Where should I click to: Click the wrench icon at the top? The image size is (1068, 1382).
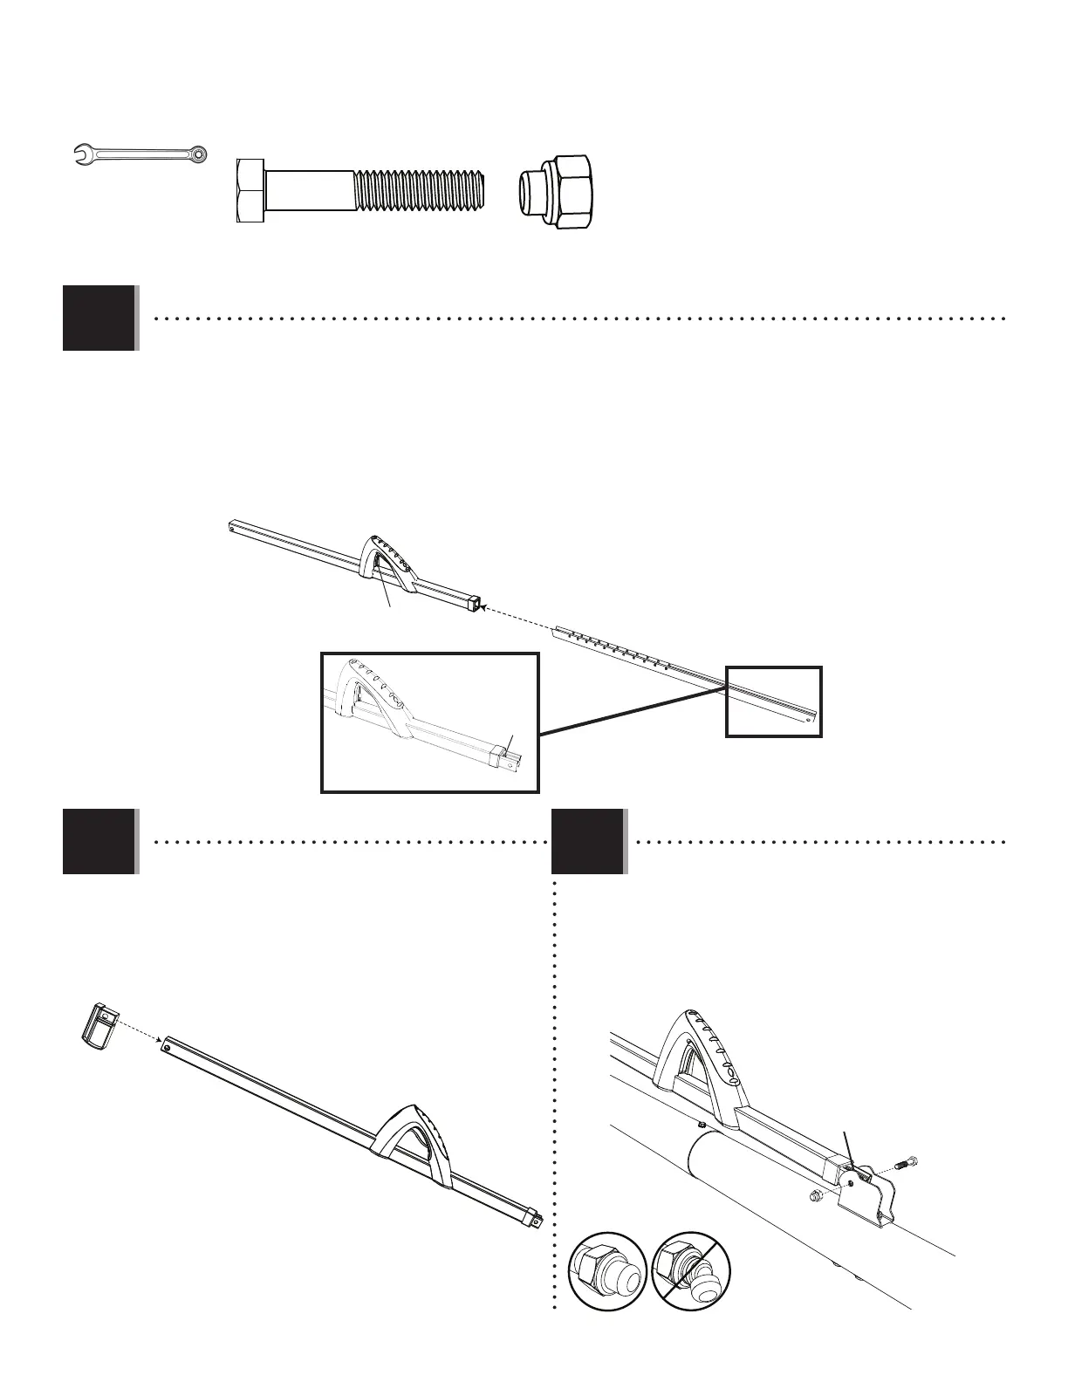140,154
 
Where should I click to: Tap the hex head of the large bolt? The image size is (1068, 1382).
250,192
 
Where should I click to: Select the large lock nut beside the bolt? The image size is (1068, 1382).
559,192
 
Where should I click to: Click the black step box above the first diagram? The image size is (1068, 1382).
99,318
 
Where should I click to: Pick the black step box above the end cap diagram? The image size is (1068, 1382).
99,841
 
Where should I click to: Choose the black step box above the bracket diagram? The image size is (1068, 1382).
588,841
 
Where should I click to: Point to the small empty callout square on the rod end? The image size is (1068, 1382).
774,701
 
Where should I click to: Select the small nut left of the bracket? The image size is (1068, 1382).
814,1194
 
